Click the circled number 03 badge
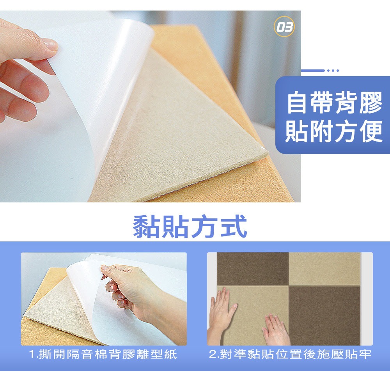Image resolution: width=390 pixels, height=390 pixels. (284, 27)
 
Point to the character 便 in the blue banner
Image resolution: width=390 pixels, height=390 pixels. (370, 131)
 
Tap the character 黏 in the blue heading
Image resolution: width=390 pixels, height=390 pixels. (146, 226)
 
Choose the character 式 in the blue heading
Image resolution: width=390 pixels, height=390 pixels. (234, 226)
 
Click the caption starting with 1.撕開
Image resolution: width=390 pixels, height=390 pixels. (103, 354)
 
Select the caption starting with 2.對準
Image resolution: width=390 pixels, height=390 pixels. (290, 354)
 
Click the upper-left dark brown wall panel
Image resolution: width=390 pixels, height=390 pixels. (252, 269)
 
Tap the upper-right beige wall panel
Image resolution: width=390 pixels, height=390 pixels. (324, 269)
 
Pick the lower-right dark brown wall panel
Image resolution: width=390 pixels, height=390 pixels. (324, 316)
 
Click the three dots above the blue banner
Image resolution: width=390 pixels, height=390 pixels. (333, 71)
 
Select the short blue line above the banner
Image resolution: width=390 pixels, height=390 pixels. (313, 71)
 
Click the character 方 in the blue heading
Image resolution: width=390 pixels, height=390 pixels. (204, 226)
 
